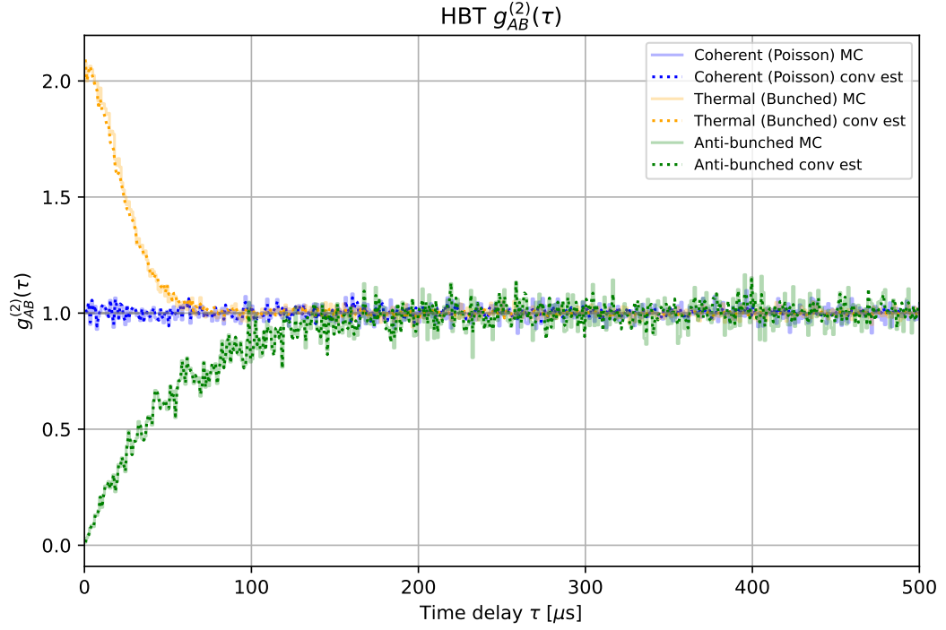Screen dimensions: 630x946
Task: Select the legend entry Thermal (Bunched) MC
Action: [777, 99]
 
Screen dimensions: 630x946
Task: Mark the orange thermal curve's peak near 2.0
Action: [86, 63]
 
